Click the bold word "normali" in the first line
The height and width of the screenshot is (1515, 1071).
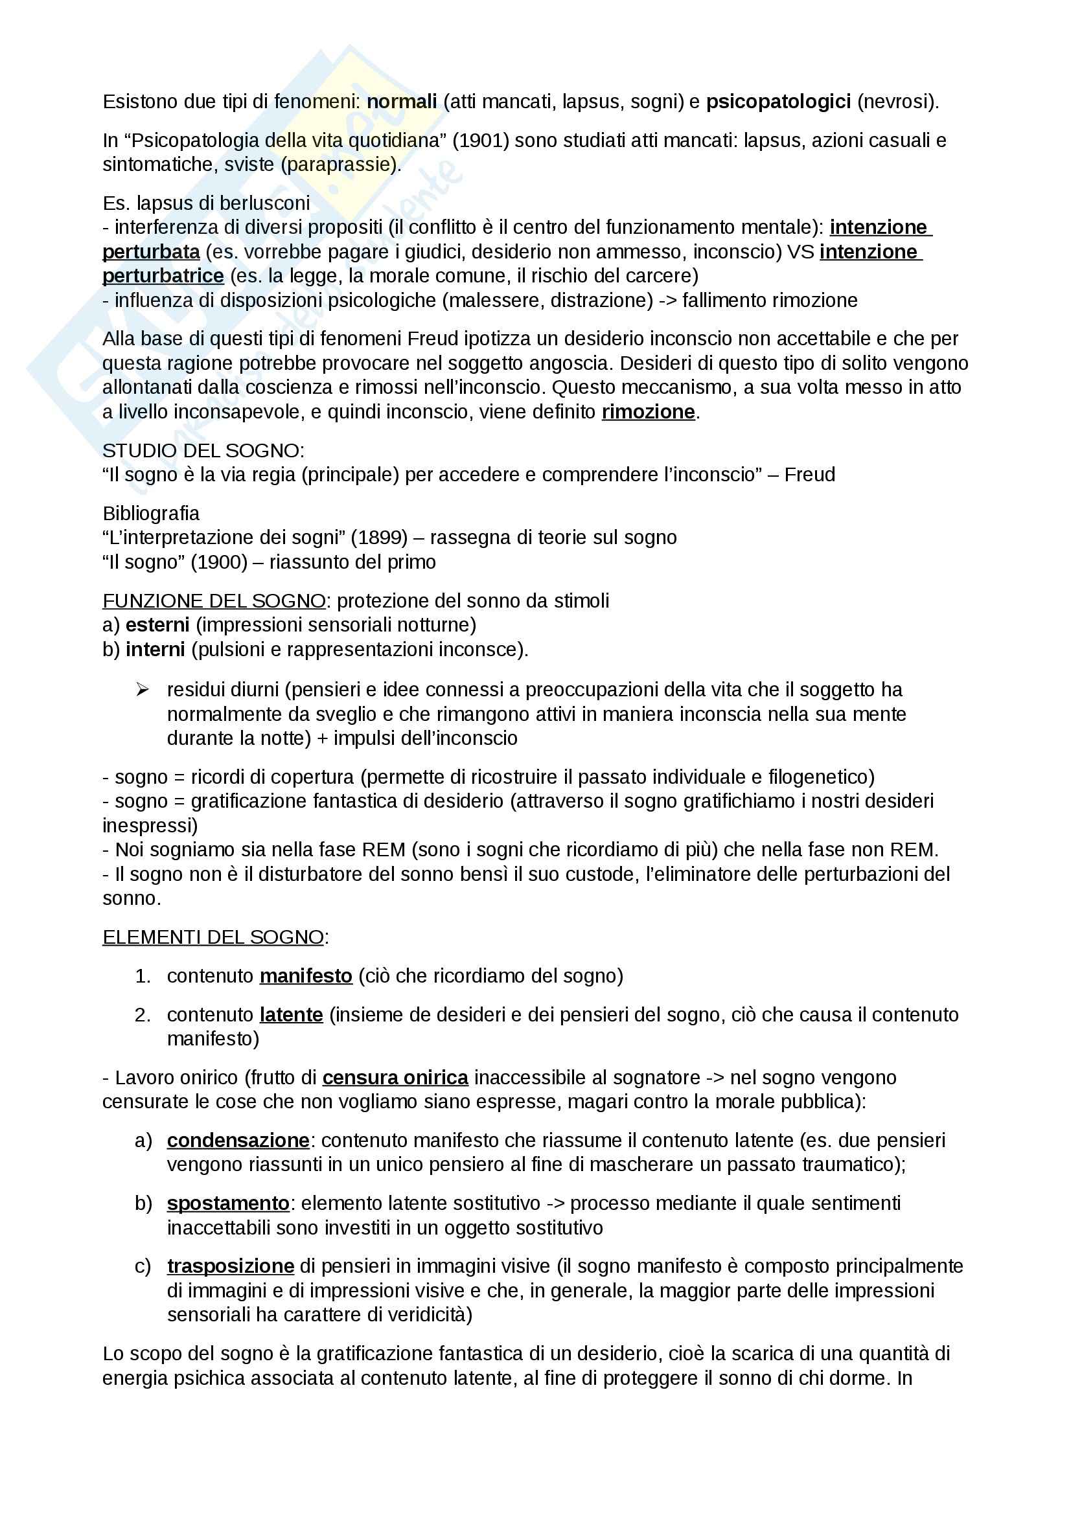coord(401,102)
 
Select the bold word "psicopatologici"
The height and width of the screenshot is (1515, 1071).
coord(778,102)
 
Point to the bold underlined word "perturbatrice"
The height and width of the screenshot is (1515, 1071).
coord(163,276)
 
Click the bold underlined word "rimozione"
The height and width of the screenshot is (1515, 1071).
coord(648,412)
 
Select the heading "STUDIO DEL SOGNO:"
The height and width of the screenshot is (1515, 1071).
coord(203,451)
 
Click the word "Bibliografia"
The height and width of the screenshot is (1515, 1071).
coord(150,513)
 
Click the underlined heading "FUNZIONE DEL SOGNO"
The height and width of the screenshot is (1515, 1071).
coord(214,600)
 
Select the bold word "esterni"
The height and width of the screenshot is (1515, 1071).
coord(157,624)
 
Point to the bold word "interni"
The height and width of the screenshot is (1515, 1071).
coord(155,649)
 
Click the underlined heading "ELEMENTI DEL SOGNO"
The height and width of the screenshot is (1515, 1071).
coord(213,937)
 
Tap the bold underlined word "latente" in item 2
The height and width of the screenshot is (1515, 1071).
coord(291,1014)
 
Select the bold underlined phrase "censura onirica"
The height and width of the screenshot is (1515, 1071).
coord(395,1078)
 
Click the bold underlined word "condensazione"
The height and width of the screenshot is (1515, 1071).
coord(238,1140)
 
